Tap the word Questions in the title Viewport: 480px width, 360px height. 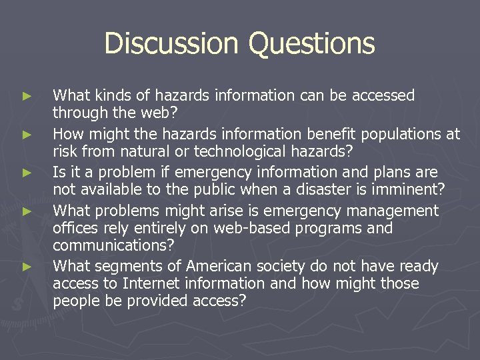(x=312, y=44)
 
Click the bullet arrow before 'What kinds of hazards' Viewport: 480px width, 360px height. (x=27, y=96)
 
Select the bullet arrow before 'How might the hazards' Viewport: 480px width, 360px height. (x=27, y=135)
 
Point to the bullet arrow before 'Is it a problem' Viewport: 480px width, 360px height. (x=27, y=173)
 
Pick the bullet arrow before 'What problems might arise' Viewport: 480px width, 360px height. (x=27, y=211)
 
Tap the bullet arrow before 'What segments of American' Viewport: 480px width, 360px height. (x=27, y=267)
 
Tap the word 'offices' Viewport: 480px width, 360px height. (x=74, y=228)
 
